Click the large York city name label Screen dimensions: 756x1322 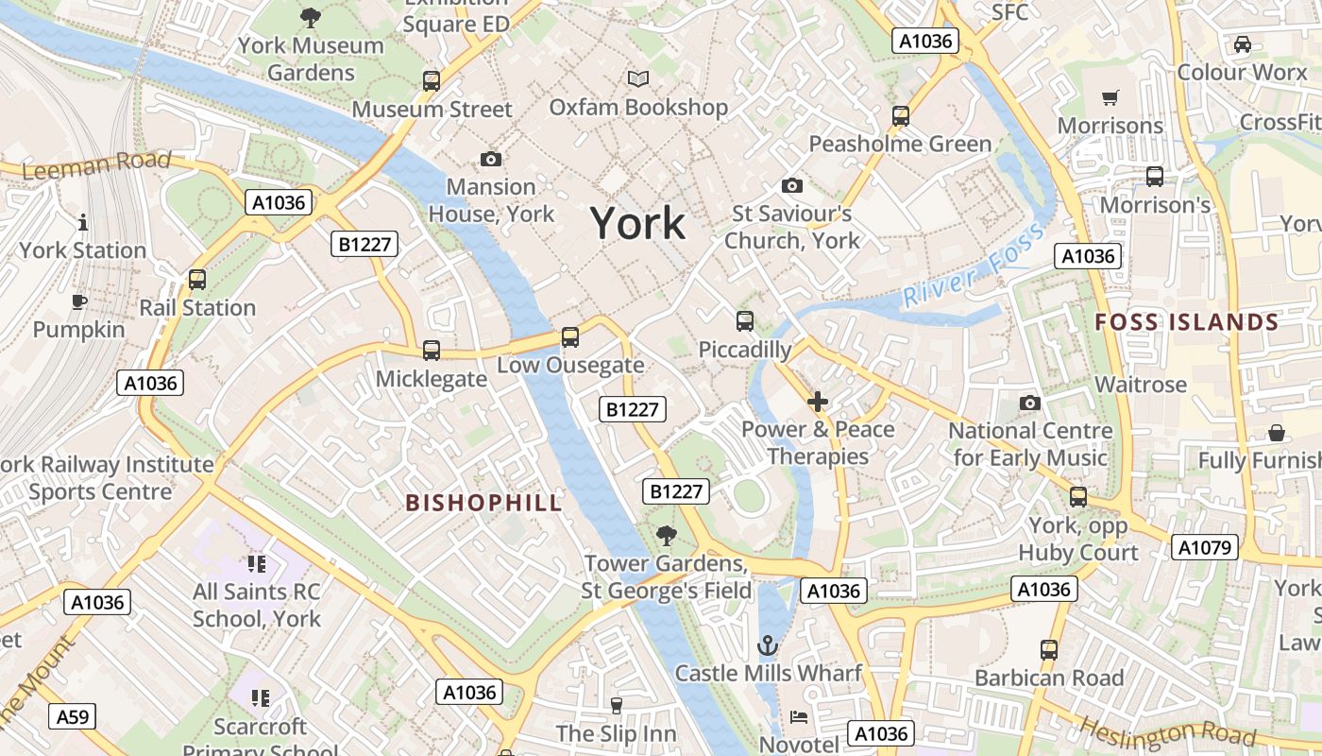(638, 224)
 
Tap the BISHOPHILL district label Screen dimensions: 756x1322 (484, 503)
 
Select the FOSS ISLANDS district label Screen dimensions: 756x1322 (1186, 322)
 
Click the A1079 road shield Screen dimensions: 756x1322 (1204, 547)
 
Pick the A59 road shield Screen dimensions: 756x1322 (73, 717)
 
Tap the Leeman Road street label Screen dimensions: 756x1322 (96, 164)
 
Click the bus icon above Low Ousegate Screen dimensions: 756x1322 (569, 337)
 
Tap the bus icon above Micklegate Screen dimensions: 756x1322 (432, 351)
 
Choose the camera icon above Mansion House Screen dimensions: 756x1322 (490, 159)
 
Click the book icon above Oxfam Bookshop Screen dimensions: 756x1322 (638, 79)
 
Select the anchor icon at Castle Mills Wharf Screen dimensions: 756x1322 (768, 646)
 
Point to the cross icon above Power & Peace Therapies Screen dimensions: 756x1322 (818, 402)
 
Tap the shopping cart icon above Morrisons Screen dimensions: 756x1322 (1110, 98)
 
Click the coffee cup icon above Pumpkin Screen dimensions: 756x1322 (79, 302)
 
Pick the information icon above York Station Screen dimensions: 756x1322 (83, 222)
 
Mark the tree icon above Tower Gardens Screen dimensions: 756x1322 (667, 536)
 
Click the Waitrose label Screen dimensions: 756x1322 (1140, 385)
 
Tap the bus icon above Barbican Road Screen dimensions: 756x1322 (1049, 650)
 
